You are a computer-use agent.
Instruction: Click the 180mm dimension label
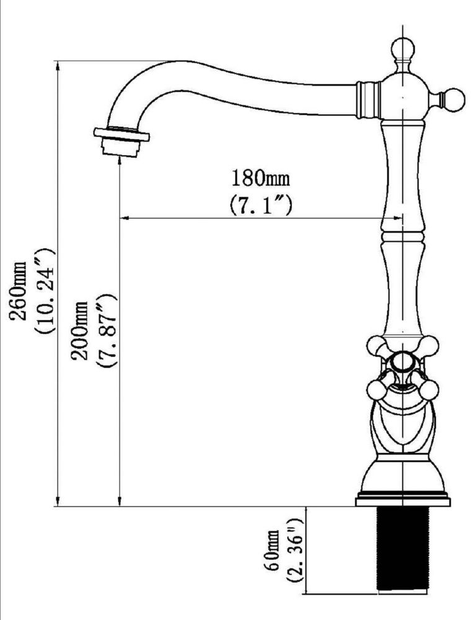pyautogui.click(x=260, y=178)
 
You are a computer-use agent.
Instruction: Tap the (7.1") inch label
pyautogui.click(x=261, y=205)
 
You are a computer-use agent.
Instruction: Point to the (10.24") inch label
pyautogui.click(x=45, y=291)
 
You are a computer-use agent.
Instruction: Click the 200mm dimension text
pyautogui.click(x=80, y=330)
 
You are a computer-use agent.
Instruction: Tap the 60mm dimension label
pyautogui.click(x=273, y=549)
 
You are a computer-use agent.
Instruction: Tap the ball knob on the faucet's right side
pyautogui.click(x=453, y=100)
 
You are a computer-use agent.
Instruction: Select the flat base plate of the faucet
pyautogui.click(x=402, y=502)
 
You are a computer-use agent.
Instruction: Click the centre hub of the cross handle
pyautogui.click(x=402, y=363)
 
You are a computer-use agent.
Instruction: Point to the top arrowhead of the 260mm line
pyautogui.click(x=58, y=66)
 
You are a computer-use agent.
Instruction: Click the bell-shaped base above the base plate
pyautogui.click(x=402, y=474)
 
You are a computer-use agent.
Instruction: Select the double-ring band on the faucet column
pyautogui.click(x=402, y=237)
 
